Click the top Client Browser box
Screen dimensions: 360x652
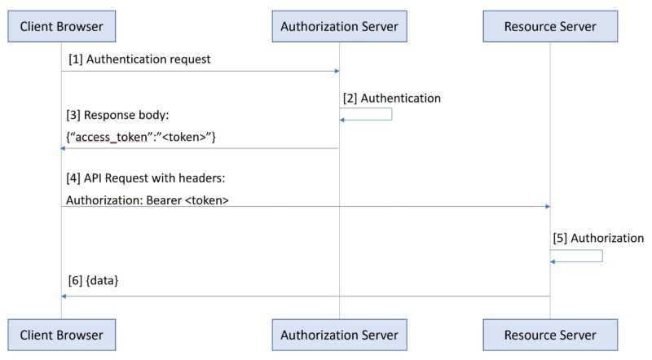tap(61, 26)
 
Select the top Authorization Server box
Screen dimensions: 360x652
tap(339, 26)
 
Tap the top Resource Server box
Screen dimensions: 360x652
tap(550, 26)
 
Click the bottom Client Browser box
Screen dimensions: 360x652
tap(61, 335)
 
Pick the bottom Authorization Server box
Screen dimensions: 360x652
tap(339, 335)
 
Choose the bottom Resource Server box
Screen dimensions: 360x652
tap(550, 335)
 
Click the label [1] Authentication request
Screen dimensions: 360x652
tap(139, 59)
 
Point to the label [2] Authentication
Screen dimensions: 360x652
tap(392, 98)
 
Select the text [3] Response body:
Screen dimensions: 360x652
tap(117, 116)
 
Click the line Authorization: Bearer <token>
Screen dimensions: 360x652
tap(148, 199)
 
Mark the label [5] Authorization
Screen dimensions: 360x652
tap(598, 239)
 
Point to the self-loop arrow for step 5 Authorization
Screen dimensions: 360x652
tap(601, 256)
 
